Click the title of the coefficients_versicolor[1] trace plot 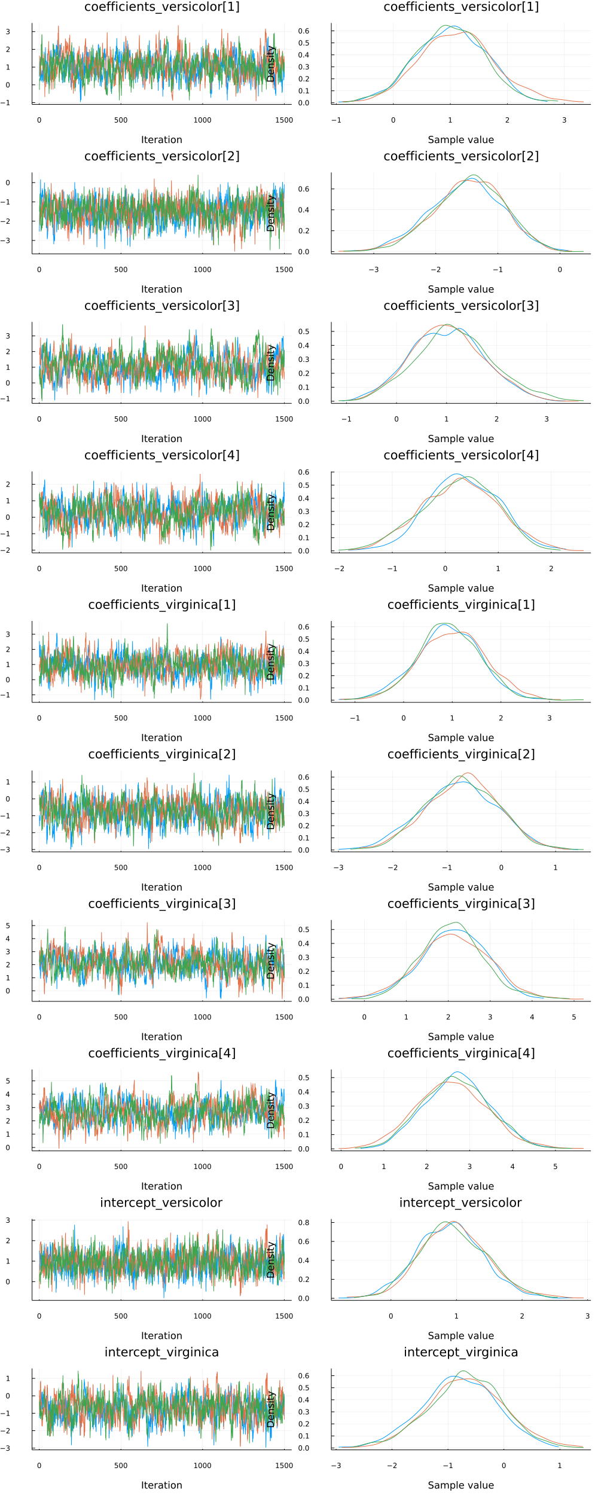coord(161,7)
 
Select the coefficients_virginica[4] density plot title coord(460,1053)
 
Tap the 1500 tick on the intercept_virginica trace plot coord(284,1465)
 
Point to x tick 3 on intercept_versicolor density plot coord(587,1316)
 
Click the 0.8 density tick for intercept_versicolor coord(304,1222)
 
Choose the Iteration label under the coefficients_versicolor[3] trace coord(161,439)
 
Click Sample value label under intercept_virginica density coord(460,1485)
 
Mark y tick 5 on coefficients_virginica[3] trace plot coord(8,925)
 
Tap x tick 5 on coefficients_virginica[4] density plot coord(555,1166)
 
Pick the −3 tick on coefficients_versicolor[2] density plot coord(373,269)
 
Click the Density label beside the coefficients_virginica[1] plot coord(271,662)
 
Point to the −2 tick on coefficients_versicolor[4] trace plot coord(8,550)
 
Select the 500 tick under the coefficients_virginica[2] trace coord(121,867)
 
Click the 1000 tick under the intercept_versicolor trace coord(202,1316)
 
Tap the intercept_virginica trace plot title coord(161,1352)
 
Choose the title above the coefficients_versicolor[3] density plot coord(460,306)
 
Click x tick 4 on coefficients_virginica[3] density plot coord(532,1016)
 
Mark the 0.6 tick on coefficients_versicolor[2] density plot coord(304,189)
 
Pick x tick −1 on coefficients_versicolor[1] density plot coord(337,120)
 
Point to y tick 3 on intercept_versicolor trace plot coord(8,1220)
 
